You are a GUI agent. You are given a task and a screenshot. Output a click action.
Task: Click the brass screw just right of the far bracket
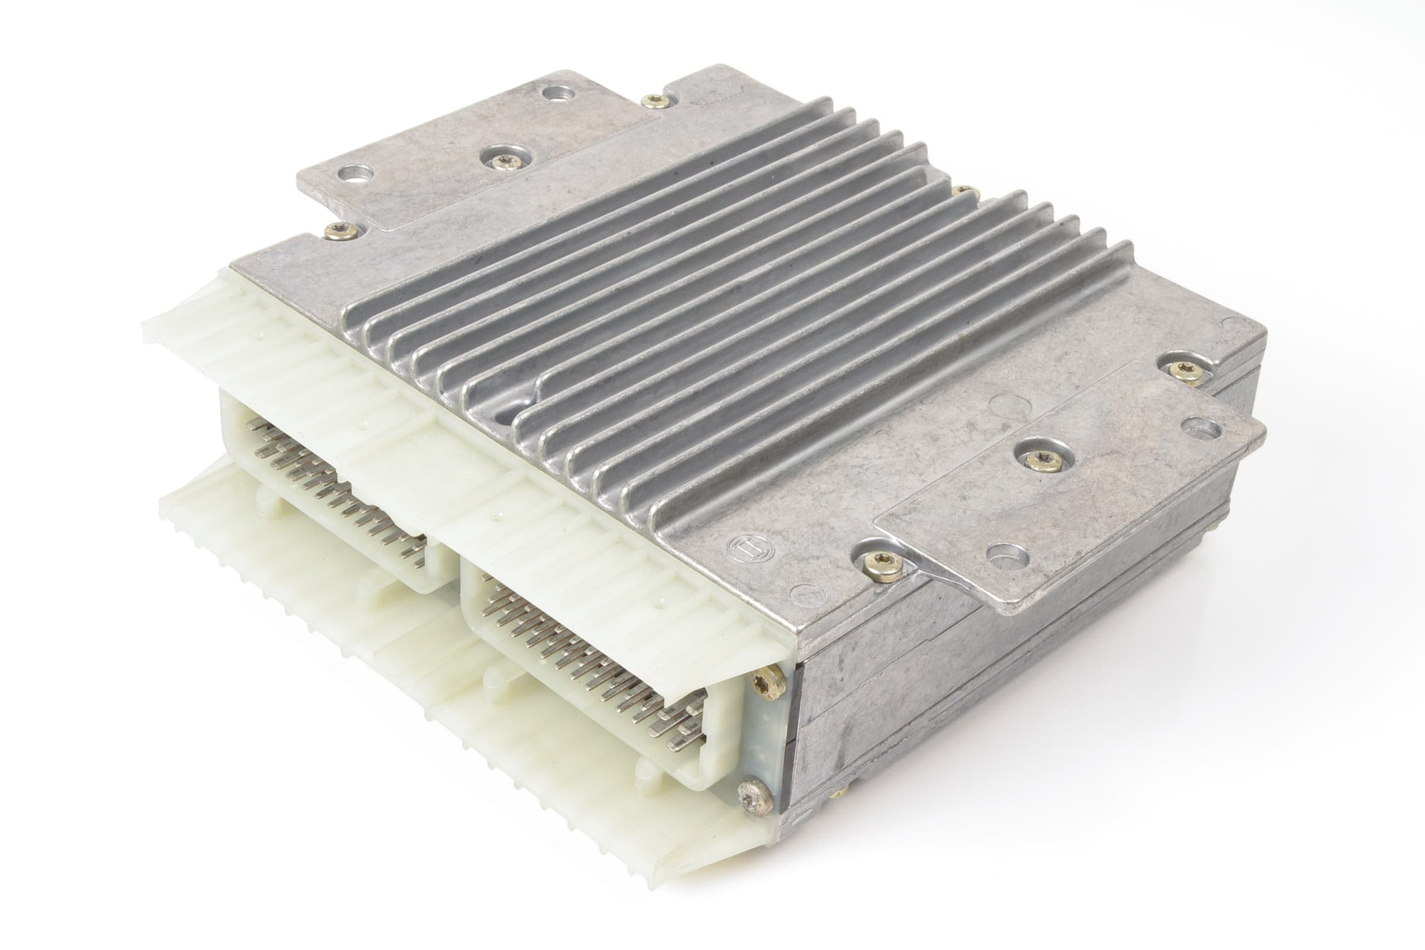point(655,102)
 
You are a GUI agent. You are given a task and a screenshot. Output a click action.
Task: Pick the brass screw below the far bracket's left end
point(339,233)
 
